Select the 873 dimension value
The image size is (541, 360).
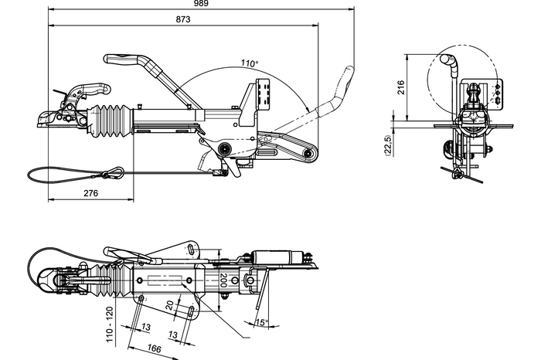point(183,18)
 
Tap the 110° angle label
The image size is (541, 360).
point(248,63)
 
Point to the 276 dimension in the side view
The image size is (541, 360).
point(90,193)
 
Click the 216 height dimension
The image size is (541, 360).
point(400,87)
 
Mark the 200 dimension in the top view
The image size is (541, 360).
point(223,280)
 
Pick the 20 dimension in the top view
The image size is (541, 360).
point(169,304)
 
